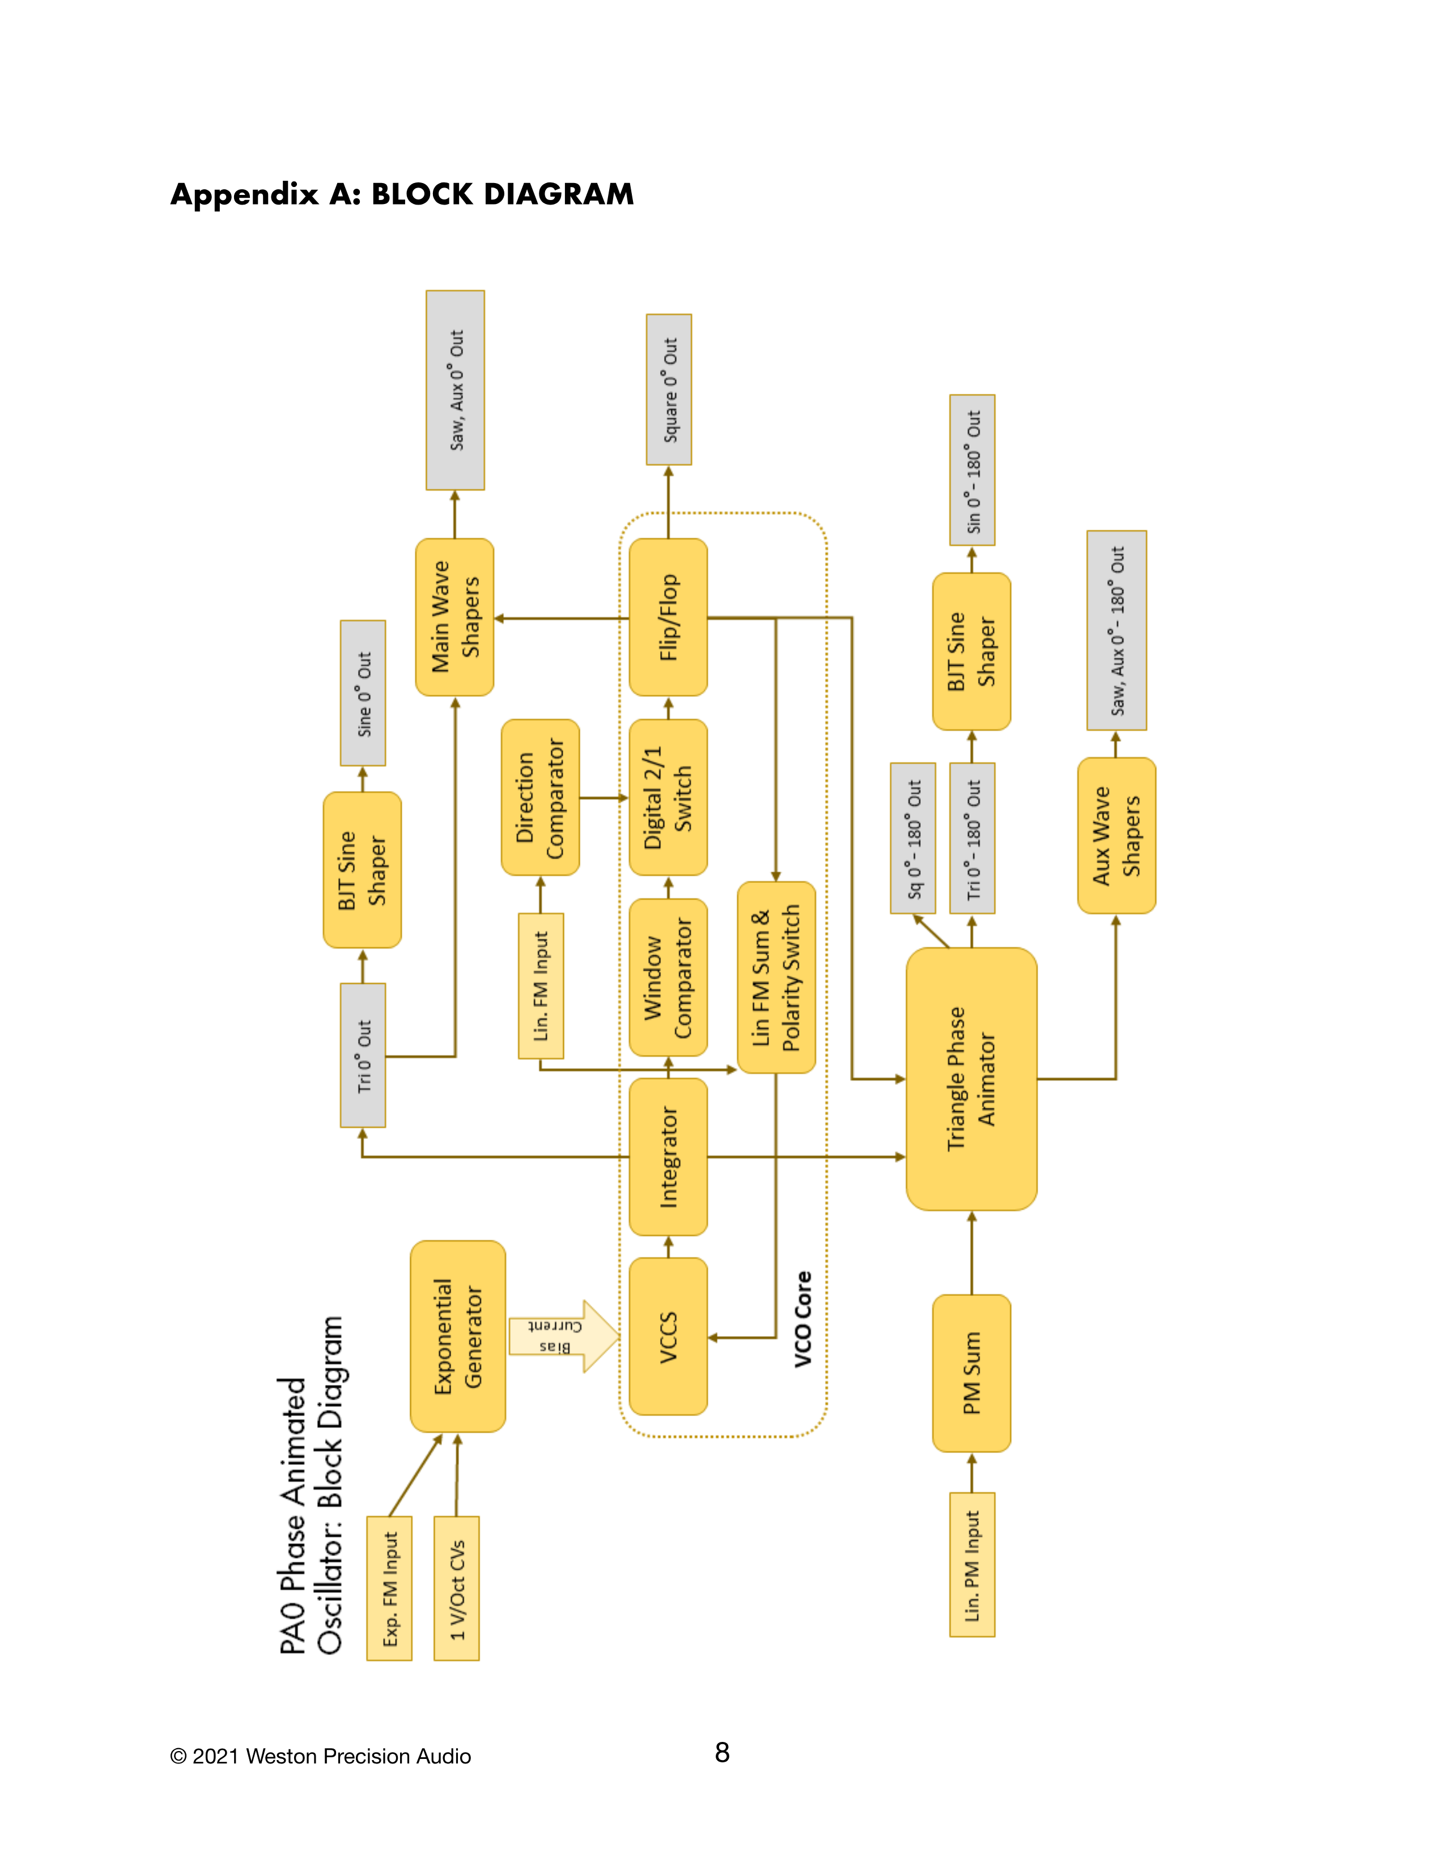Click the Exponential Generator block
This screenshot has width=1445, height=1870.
click(458, 1336)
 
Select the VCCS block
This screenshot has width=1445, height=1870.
click(668, 1336)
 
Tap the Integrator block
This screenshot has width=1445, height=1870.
click(668, 1156)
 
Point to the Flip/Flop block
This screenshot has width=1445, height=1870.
click(668, 617)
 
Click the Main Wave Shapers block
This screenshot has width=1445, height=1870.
click(454, 617)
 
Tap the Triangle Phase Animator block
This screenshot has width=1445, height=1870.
click(972, 1079)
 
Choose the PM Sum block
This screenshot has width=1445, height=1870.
click(972, 1372)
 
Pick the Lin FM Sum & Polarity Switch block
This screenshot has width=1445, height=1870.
click(776, 977)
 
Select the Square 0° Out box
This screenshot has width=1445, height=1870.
click(669, 390)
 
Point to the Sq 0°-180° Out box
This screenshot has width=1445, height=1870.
click(912, 838)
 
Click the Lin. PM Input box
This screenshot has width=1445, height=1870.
click(972, 1565)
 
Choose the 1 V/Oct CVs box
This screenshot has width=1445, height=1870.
click(456, 1588)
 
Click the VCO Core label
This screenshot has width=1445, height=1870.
click(802, 1319)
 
